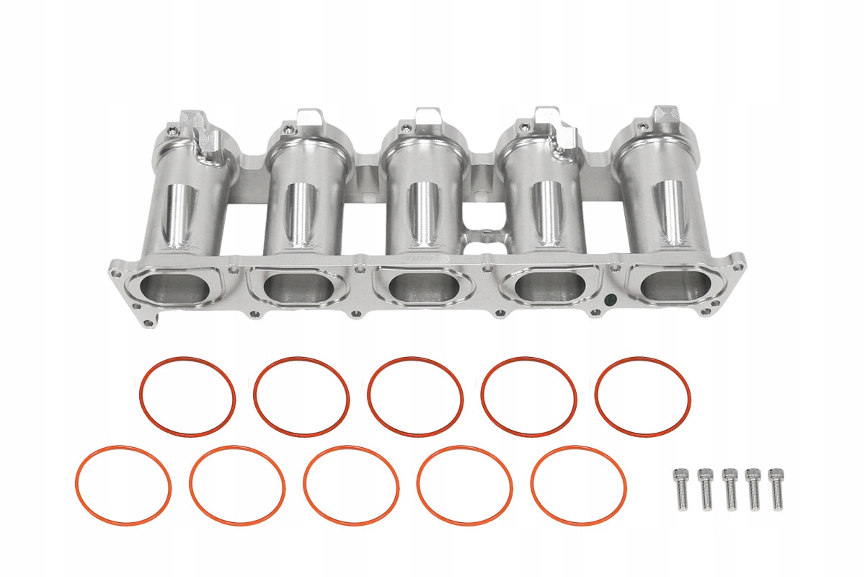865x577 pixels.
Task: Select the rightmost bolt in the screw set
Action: coord(776,488)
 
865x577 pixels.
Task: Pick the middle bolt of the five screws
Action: coord(729,488)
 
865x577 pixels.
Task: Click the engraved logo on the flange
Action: coord(427,258)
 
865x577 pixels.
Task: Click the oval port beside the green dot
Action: coord(551,287)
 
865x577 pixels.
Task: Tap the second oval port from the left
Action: coord(298,288)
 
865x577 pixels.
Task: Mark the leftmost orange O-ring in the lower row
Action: coord(123,485)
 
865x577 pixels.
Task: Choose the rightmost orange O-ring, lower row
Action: coord(578,485)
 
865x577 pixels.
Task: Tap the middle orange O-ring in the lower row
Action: coord(351,485)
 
